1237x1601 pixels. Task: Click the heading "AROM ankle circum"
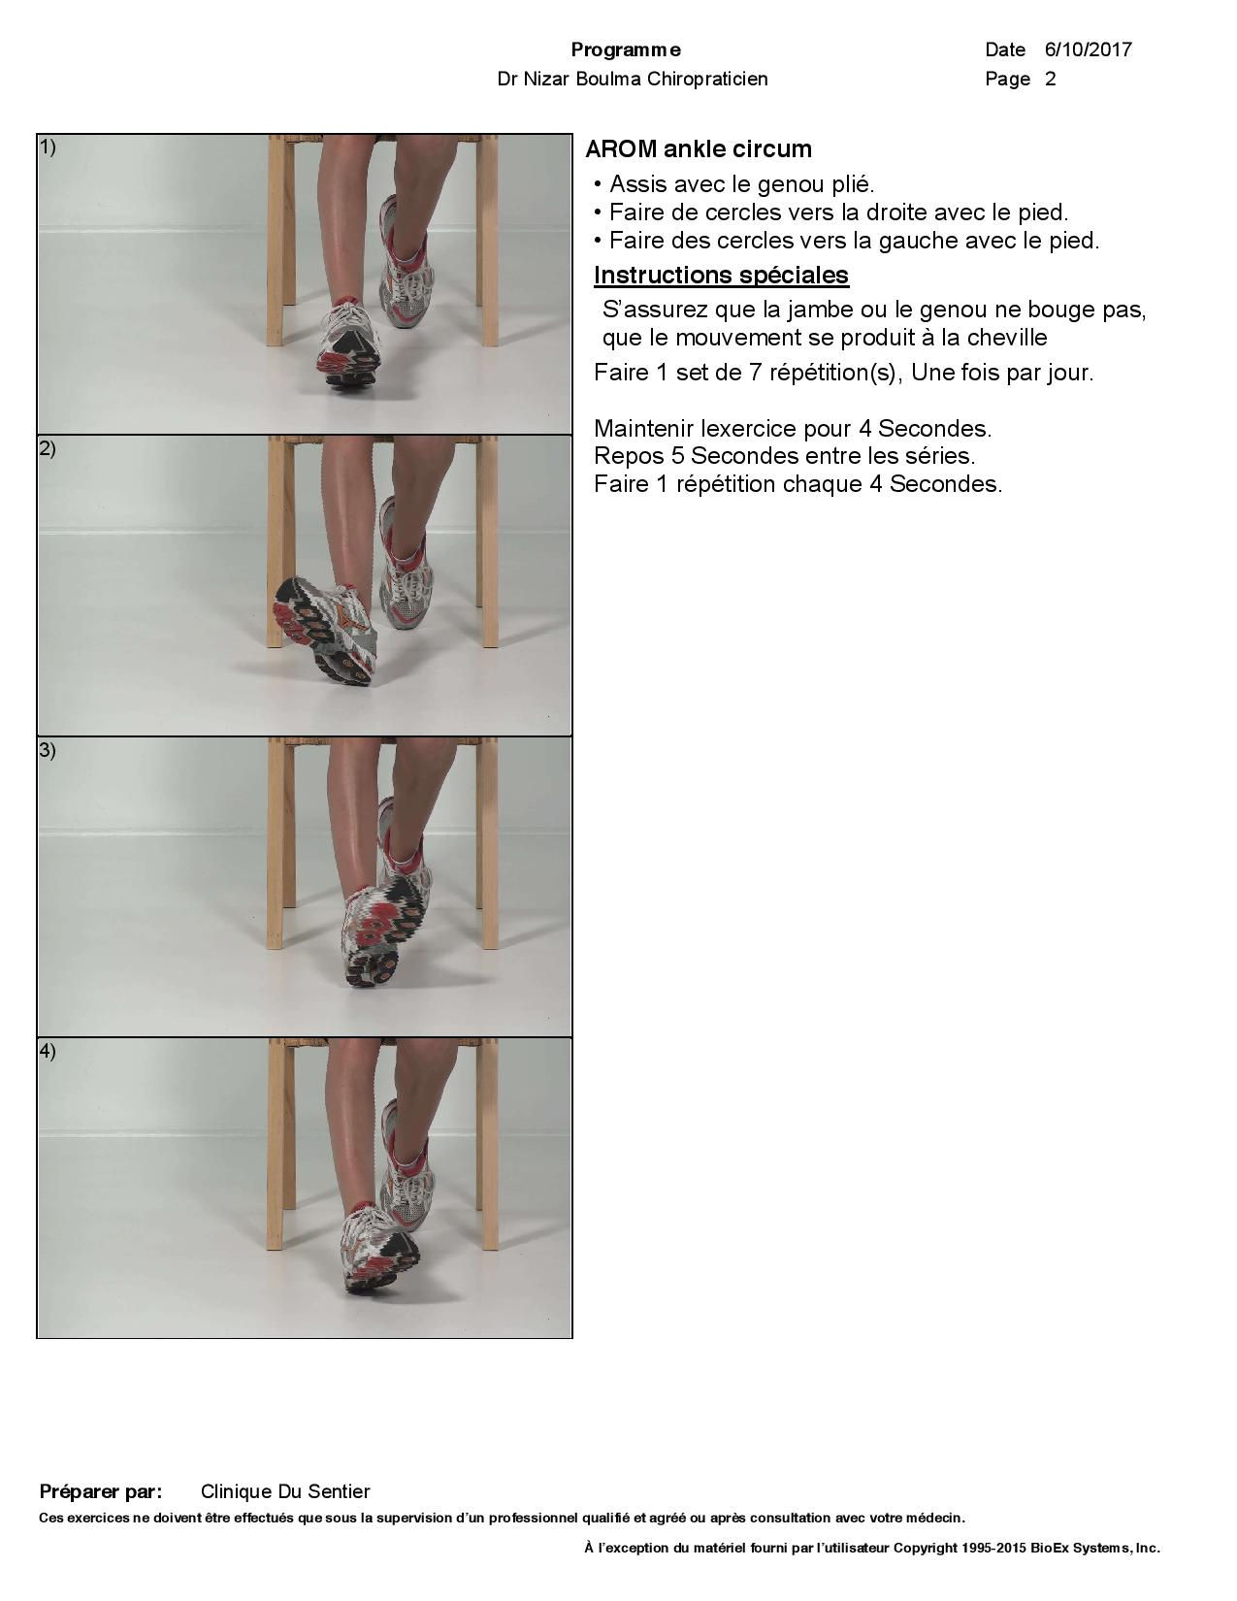point(699,148)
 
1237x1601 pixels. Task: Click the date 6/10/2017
point(1089,50)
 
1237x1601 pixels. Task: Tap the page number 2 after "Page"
point(1051,79)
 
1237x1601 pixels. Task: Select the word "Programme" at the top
point(626,50)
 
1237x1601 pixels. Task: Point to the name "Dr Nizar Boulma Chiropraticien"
point(633,79)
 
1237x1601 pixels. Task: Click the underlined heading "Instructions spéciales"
point(721,275)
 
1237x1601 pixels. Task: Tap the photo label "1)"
point(48,147)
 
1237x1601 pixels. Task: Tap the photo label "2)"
point(48,448)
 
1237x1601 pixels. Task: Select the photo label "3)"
point(48,750)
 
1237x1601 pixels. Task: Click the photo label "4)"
point(48,1052)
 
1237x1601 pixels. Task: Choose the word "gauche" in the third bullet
point(932,241)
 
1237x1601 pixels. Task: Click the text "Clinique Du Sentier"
point(285,1492)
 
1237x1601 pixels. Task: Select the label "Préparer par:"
point(100,1492)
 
